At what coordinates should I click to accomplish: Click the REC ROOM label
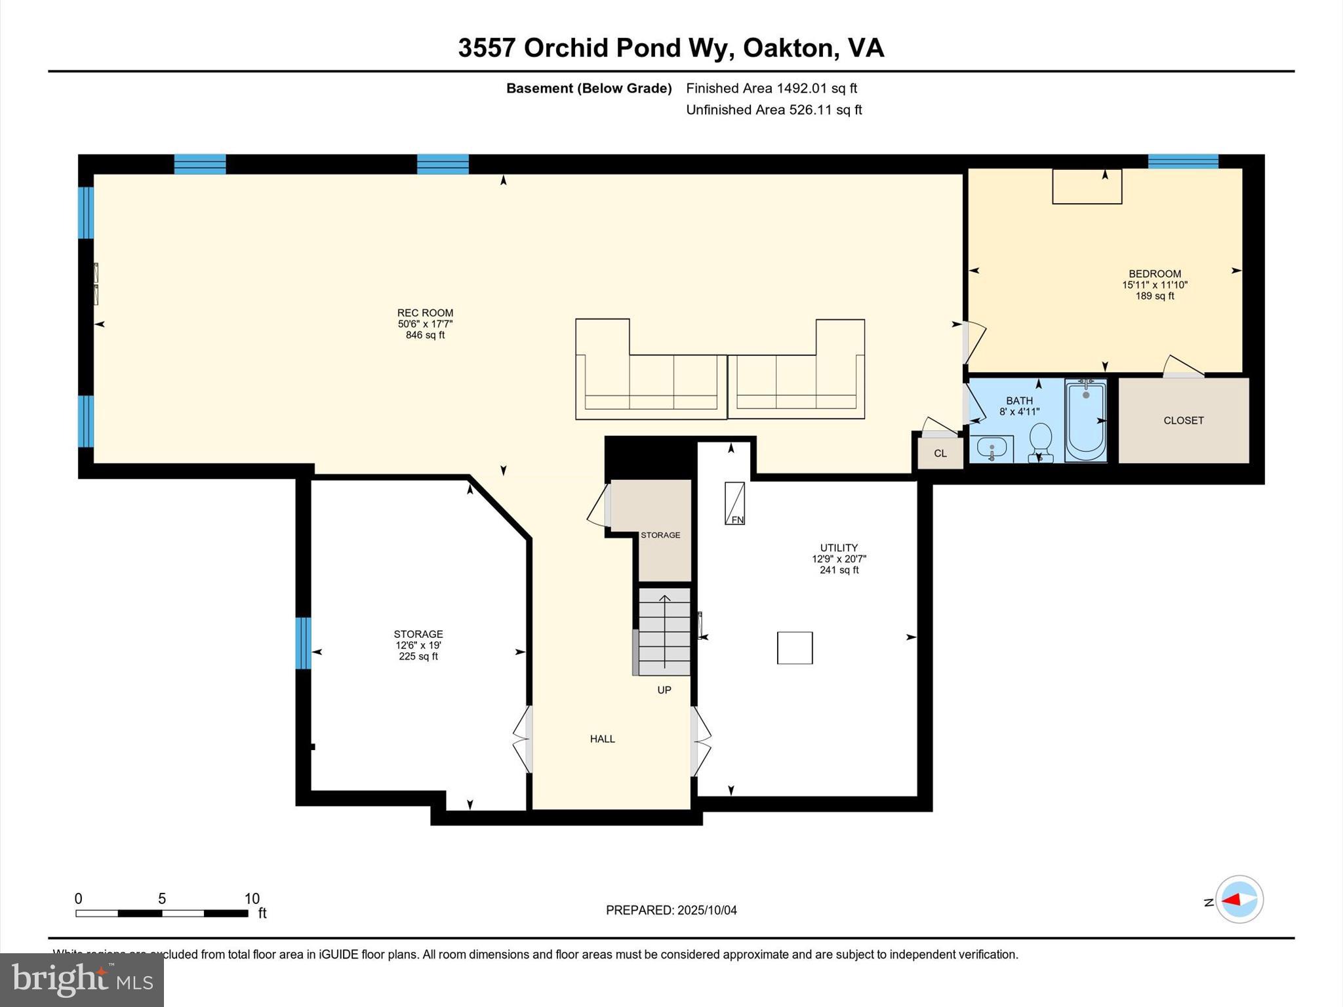425,313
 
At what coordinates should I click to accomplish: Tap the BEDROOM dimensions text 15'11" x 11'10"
1154,285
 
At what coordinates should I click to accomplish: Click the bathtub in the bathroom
1085,420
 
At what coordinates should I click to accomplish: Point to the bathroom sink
992,448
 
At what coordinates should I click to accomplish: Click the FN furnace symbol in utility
734,503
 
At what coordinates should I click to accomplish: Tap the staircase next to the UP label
664,631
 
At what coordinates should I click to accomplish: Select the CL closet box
940,453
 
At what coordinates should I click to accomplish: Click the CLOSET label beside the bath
1183,421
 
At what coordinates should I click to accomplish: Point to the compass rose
1239,899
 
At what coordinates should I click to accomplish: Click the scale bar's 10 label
252,899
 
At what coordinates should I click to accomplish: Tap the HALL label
602,739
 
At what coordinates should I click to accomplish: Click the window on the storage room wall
302,642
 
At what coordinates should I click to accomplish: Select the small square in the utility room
795,648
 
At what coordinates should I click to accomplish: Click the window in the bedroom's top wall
1182,161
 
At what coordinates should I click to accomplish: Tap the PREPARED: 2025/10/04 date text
671,910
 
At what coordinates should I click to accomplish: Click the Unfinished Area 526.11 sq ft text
774,110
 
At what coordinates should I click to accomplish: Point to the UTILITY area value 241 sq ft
839,570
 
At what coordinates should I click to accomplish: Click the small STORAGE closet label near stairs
660,535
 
